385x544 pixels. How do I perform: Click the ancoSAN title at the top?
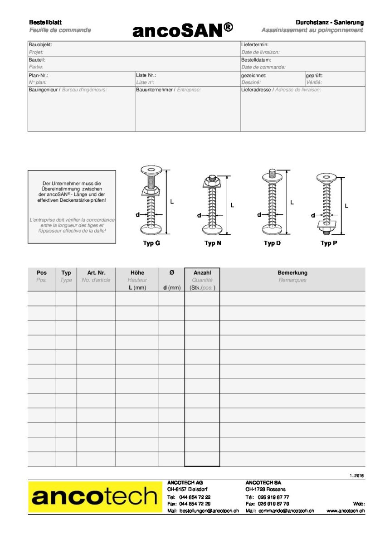pos(183,30)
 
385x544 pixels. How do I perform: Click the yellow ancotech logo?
pos(95,497)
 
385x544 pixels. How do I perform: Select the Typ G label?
pos(151,243)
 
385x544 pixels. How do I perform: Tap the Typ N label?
pos(213,243)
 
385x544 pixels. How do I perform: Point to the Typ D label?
pos(272,243)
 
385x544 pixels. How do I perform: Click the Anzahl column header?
pos(202,273)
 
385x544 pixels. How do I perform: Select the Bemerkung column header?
pos(292,273)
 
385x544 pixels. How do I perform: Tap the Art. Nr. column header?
pos(96,273)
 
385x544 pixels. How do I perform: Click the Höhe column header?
pos(137,273)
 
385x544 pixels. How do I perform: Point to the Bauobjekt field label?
pos(40,45)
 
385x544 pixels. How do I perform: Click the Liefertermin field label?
pos(255,45)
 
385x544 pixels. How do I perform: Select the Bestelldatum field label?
pos(256,60)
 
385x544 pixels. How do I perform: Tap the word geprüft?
pos(314,75)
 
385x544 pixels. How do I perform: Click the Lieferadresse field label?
pos(256,90)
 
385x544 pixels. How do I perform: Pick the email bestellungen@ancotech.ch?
pos(209,511)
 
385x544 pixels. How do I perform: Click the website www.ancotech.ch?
pos(345,511)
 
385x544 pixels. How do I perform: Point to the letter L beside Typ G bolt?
pos(172,202)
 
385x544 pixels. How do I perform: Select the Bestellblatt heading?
pos(45,22)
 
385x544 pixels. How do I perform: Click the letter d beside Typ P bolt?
pos(313,216)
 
